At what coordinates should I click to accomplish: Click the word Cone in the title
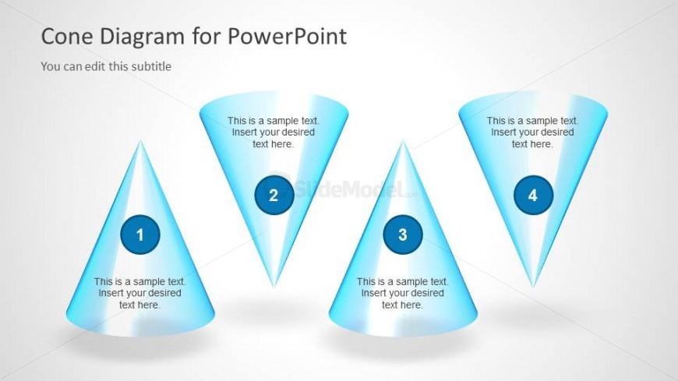pos(67,37)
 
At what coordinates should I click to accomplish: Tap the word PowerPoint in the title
pos(287,37)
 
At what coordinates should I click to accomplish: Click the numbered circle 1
pos(140,235)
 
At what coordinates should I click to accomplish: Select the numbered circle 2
pos(274,195)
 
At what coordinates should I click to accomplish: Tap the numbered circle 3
pos(403,235)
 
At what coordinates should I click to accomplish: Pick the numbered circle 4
pos(533,195)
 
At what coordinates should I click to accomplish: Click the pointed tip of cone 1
pos(140,141)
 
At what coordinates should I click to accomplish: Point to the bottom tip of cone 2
pos(274,286)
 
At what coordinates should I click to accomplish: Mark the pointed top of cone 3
pos(403,141)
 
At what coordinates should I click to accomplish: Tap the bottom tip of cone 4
pos(533,286)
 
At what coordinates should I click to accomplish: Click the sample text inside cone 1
pos(139,293)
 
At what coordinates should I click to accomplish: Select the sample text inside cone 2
pos(274,132)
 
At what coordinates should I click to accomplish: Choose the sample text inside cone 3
pos(403,293)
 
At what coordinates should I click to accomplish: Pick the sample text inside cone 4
pos(532,132)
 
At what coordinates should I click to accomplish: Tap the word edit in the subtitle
pos(95,66)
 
